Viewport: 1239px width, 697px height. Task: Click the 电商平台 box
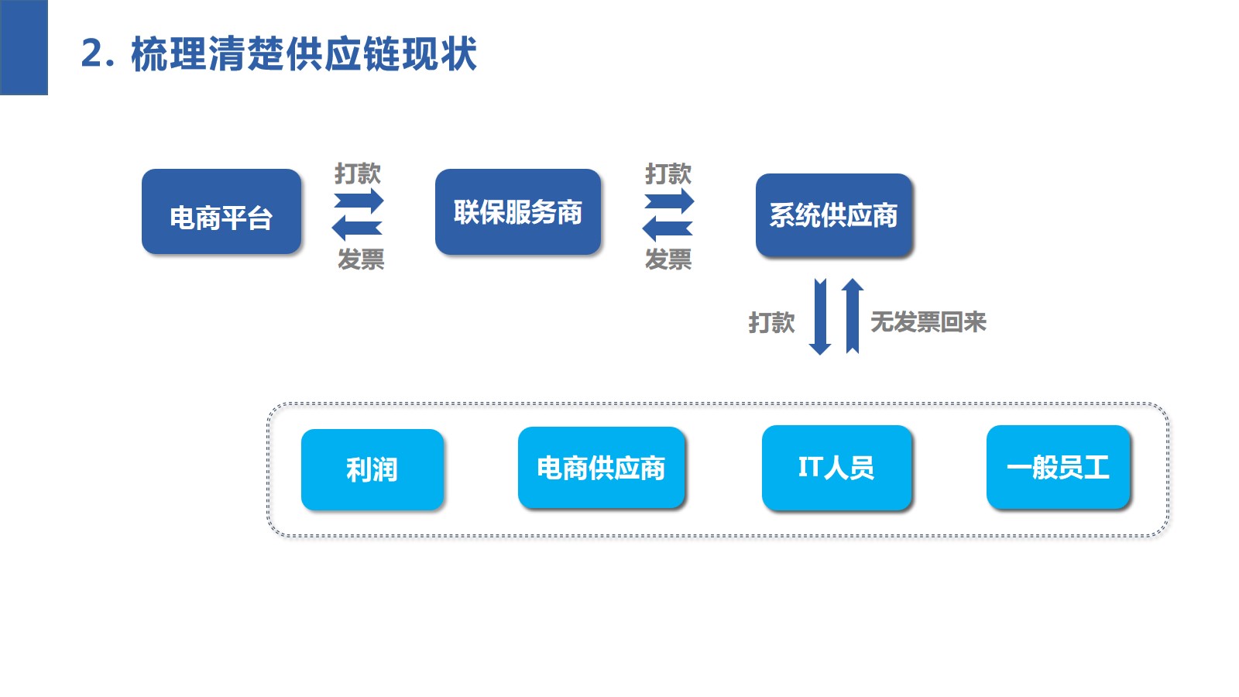coord(221,211)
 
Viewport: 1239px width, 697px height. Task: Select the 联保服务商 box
coord(517,211)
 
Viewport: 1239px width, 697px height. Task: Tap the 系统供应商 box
coord(833,215)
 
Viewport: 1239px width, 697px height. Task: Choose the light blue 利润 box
coord(372,469)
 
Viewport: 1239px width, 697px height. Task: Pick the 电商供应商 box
coord(601,468)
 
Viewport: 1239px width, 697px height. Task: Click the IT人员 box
coord(836,467)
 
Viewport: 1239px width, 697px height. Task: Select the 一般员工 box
coord(1058,467)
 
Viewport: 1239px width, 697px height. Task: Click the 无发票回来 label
coord(928,321)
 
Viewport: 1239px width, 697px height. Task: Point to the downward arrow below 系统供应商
coord(820,316)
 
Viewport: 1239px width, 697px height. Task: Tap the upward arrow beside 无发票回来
coord(852,316)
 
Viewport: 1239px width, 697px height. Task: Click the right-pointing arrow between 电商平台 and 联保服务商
coord(359,201)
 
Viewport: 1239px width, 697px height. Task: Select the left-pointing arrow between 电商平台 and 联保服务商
coord(356,228)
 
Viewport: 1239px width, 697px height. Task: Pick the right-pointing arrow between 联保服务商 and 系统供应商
coord(670,201)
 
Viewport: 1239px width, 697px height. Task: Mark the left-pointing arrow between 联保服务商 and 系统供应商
coord(667,228)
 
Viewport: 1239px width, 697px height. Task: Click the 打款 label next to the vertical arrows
coord(771,322)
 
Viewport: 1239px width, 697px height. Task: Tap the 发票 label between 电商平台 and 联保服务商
coord(361,259)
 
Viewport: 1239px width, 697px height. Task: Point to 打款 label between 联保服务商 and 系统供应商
coord(668,173)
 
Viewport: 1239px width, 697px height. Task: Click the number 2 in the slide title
coord(92,54)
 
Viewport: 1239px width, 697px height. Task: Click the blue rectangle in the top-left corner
coord(23,47)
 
